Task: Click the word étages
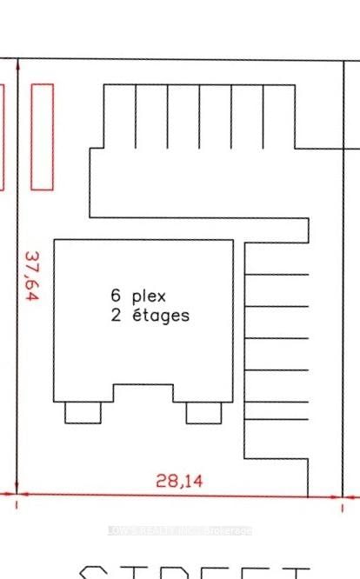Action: coord(161,315)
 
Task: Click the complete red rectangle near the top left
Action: coord(42,136)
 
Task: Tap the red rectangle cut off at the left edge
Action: coord(2,136)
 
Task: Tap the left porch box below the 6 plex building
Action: coord(83,412)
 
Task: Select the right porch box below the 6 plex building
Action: coord(203,412)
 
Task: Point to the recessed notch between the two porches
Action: coord(143,393)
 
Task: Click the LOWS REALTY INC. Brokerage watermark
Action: coord(179,530)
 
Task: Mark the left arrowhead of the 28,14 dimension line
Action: coord(23,495)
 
